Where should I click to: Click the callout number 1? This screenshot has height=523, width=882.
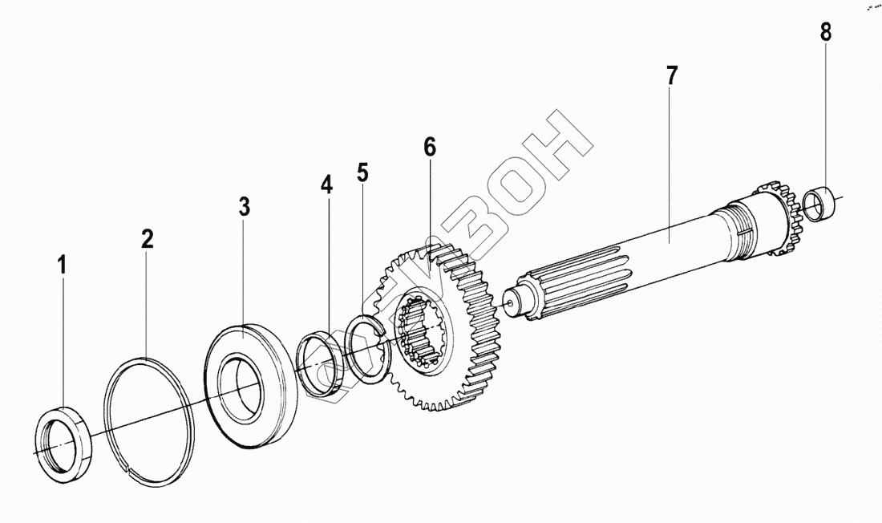click(x=61, y=265)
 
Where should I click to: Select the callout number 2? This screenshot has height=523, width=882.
click(x=147, y=238)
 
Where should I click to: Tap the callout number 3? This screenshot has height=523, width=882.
click(x=245, y=205)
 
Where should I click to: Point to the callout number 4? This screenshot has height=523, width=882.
click(x=326, y=185)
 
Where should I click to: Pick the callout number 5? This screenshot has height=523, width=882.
click(x=363, y=172)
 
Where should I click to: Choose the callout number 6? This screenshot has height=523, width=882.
click(x=430, y=148)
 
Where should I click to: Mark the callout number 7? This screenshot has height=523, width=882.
click(x=671, y=77)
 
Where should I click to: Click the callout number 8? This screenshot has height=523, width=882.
click(x=825, y=33)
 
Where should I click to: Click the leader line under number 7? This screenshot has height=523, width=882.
click(x=671, y=160)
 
